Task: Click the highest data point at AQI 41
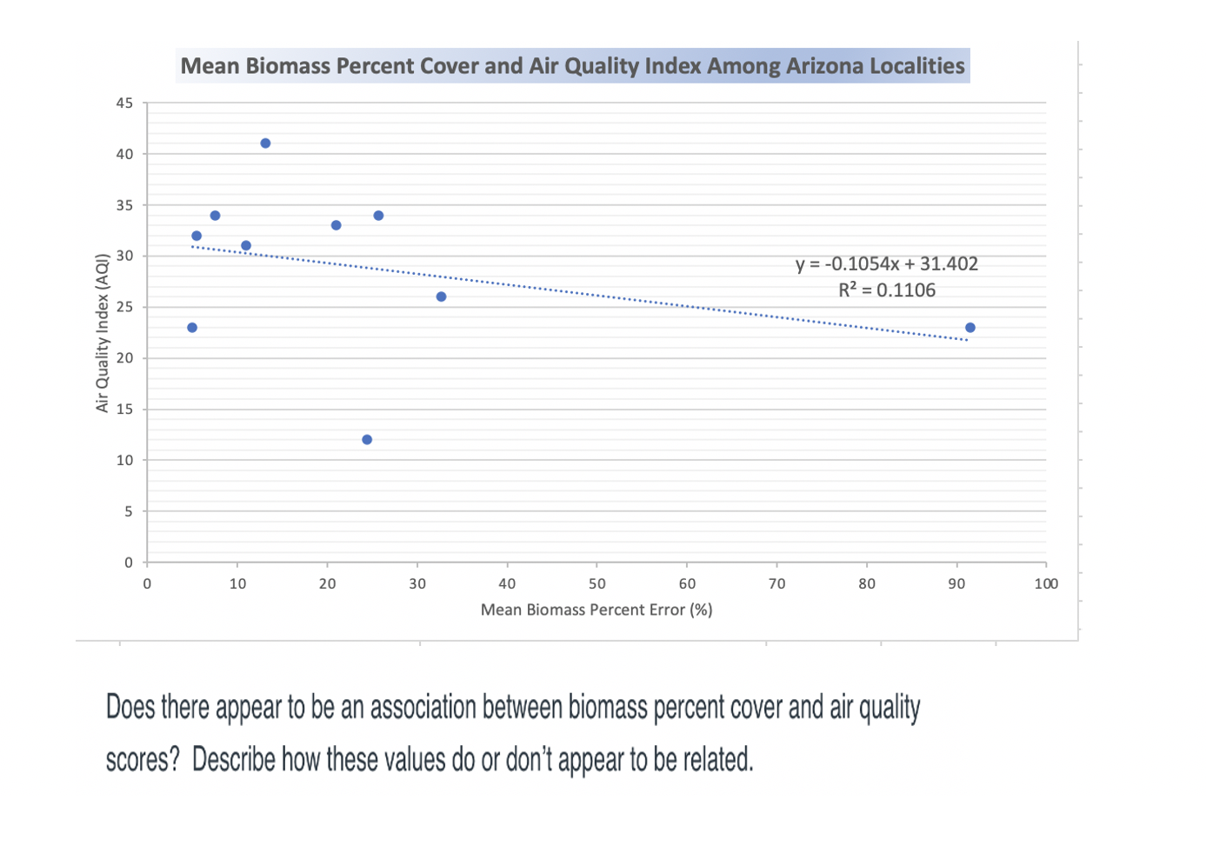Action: click(x=265, y=143)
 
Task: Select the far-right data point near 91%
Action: click(x=970, y=328)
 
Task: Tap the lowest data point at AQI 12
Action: click(x=367, y=440)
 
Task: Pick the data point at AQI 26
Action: click(x=441, y=297)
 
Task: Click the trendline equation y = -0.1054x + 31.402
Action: click(x=886, y=264)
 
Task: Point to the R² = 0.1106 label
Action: click(x=886, y=290)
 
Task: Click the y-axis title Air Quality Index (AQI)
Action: click(x=103, y=333)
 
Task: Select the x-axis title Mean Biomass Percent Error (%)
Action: click(x=596, y=610)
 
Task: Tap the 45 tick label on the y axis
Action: click(x=125, y=103)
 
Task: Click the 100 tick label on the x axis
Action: click(x=1046, y=584)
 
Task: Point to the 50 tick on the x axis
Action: click(x=597, y=584)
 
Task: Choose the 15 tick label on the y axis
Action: click(x=125, y=410)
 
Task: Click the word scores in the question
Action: click(x=137, y=760)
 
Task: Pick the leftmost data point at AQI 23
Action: click(x=192, y=328)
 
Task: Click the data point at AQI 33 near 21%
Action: click(x=336, y=226)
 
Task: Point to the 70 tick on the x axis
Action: click(x=777, y=584)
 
